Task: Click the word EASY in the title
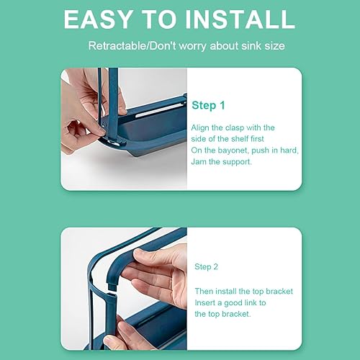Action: tap(99, 19)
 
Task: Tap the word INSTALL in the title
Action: tap(240, 19)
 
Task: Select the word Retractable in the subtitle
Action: tap(117, 45)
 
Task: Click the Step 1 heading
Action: tap(209, 105)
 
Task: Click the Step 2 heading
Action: tap(206, 266)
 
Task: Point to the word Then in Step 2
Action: tap(204, 291)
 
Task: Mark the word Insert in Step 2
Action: tap(205, 302)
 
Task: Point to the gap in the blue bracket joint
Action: tap(112, 292)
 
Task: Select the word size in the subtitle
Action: tap(274, 45)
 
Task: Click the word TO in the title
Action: tap(159, 19)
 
